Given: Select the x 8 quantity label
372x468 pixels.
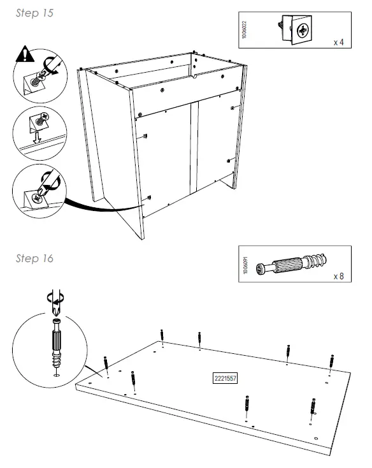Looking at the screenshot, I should click(339, 277).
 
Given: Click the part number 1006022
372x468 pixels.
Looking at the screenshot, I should click(245, 29).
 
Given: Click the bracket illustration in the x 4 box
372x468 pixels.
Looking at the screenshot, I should click(296, 28).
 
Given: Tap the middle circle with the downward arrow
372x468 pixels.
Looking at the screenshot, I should click(40, 133).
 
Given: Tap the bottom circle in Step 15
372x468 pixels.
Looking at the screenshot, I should click(40, 189).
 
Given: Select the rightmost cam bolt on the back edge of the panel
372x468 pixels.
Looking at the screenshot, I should click(331, 360).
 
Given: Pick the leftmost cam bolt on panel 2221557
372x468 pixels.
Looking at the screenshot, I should click(106, 365).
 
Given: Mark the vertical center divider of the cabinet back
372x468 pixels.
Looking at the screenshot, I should click(194, 147).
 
